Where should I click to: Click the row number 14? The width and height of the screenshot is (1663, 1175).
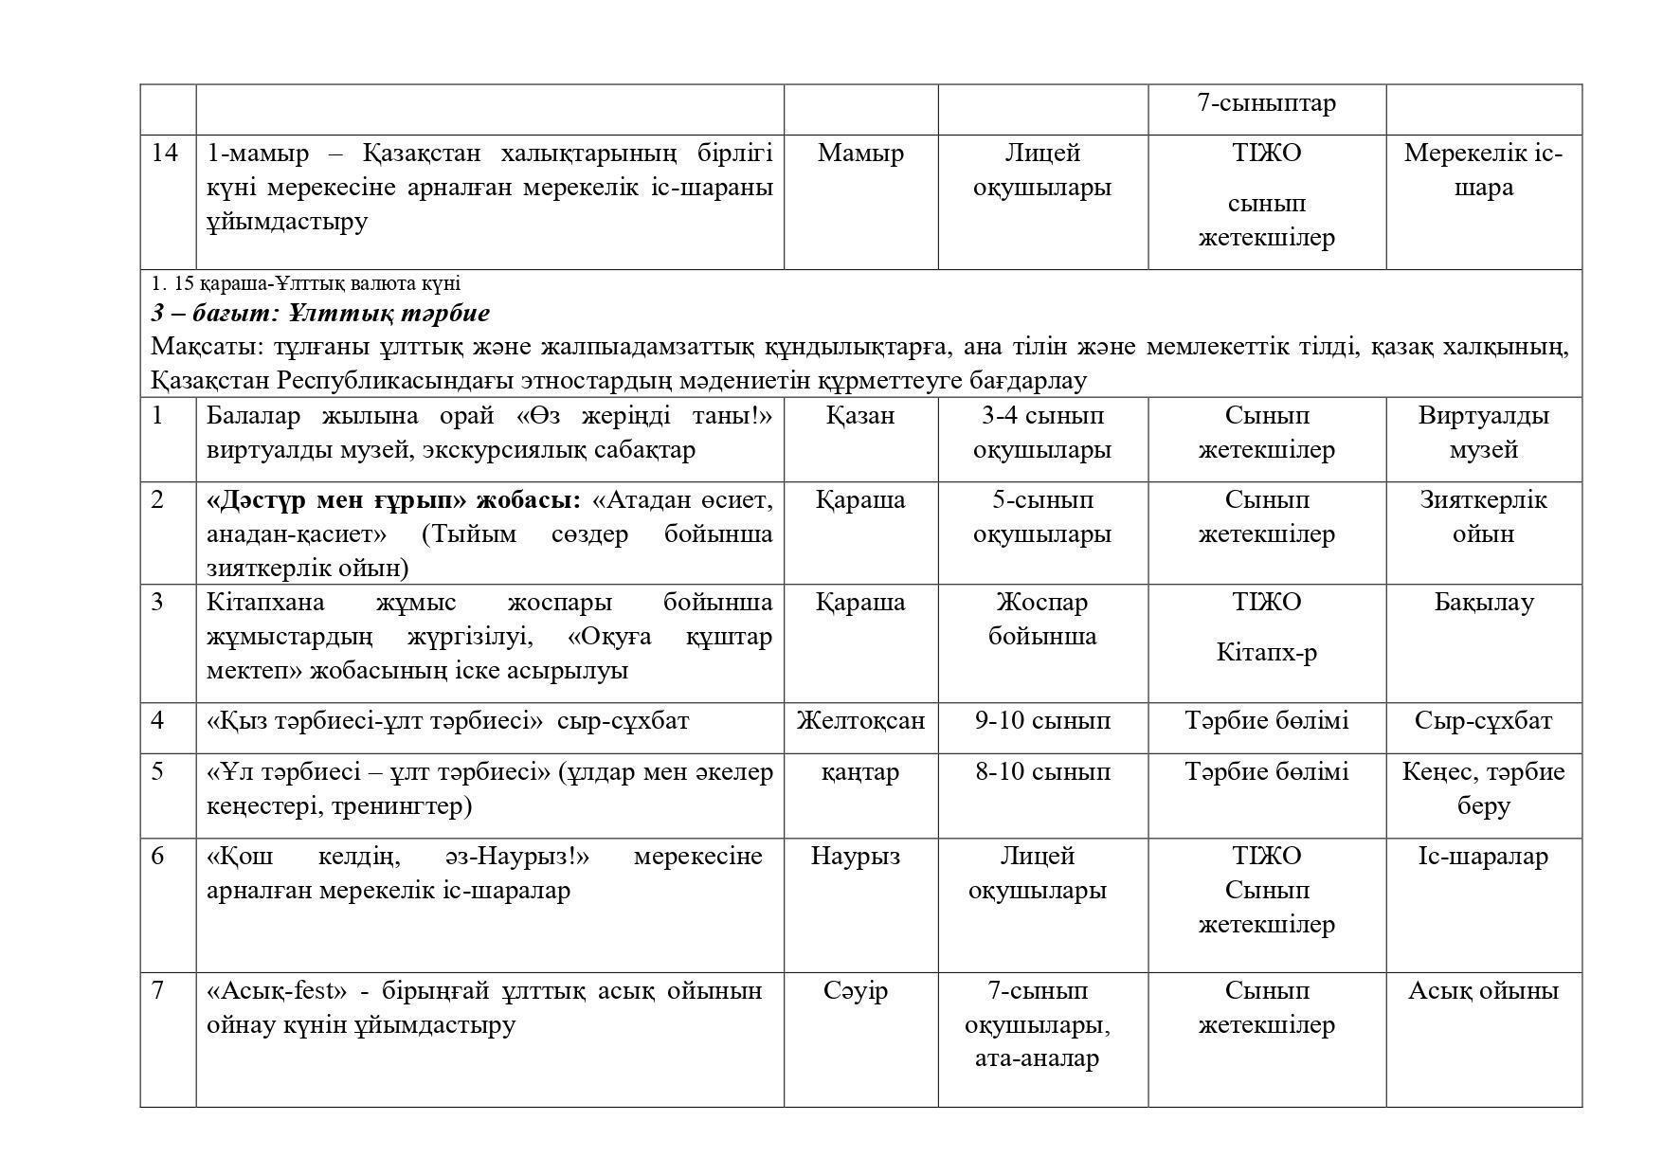[165, 153]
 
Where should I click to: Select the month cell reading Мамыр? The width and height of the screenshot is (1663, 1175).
[860, 153]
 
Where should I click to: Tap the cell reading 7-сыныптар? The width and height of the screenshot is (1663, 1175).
[1266, 102]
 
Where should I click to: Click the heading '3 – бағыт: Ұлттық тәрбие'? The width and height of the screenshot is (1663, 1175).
[320, 313]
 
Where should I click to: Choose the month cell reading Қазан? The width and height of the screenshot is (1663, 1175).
[860, 415]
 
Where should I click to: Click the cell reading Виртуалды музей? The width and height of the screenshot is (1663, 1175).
[1483, 432]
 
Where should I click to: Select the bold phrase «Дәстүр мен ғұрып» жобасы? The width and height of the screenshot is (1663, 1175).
[393, 499]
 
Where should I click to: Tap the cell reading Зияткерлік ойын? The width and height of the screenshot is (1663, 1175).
[1483, 516]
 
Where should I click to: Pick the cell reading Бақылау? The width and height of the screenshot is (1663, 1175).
[1483, 602]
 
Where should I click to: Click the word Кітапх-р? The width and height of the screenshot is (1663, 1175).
[1266, 652]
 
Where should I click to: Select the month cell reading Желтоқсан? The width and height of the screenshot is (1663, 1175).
[860, 720]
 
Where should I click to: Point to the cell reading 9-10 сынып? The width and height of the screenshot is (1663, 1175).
[1042, 720]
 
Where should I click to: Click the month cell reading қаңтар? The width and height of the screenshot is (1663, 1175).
[860, 771]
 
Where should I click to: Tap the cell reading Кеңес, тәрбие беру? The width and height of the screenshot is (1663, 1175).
[1483, 788]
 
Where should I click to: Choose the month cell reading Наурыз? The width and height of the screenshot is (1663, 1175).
[857, 856]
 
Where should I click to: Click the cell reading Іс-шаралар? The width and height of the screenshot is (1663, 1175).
[1483, 856]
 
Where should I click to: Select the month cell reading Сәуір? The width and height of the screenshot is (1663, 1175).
[857, 990]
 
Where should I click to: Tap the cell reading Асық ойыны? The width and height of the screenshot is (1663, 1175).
[1483, 990]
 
